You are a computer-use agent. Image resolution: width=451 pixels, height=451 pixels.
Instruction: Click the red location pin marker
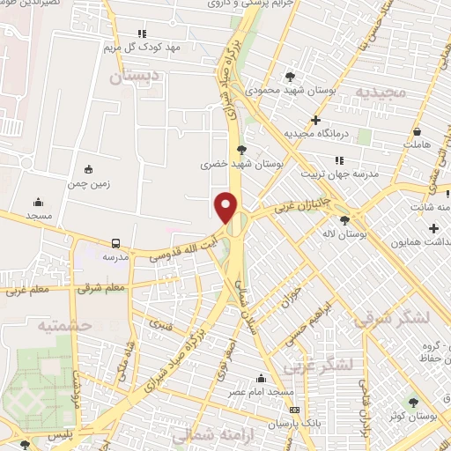click(x=227, y=206)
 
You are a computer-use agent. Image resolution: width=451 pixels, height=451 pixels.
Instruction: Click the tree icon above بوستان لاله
click(x=344, y=220)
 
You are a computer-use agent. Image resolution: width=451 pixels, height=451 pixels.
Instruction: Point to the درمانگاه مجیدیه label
click(x=317, y=133)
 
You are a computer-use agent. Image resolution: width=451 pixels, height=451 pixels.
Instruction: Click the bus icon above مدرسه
click(x=116, y=243)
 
